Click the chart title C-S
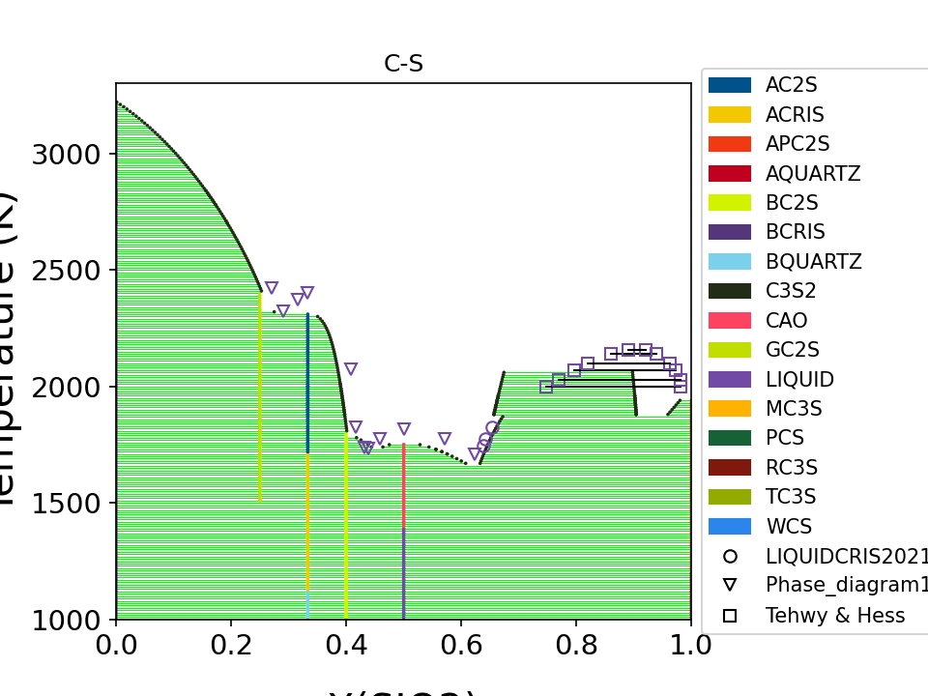click(x=403, y=65)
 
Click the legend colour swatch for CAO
click(x=730, y=321)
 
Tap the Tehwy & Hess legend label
click(x=835, y=615)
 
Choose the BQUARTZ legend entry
click(x=813, y=262)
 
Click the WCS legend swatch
click(x=730, y=527)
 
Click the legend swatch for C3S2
click(x=730, y=291)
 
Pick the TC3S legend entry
click(x=791, y=497)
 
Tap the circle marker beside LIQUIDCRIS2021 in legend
click(x=730, y=556)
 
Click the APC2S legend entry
click(x=797, y=144)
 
